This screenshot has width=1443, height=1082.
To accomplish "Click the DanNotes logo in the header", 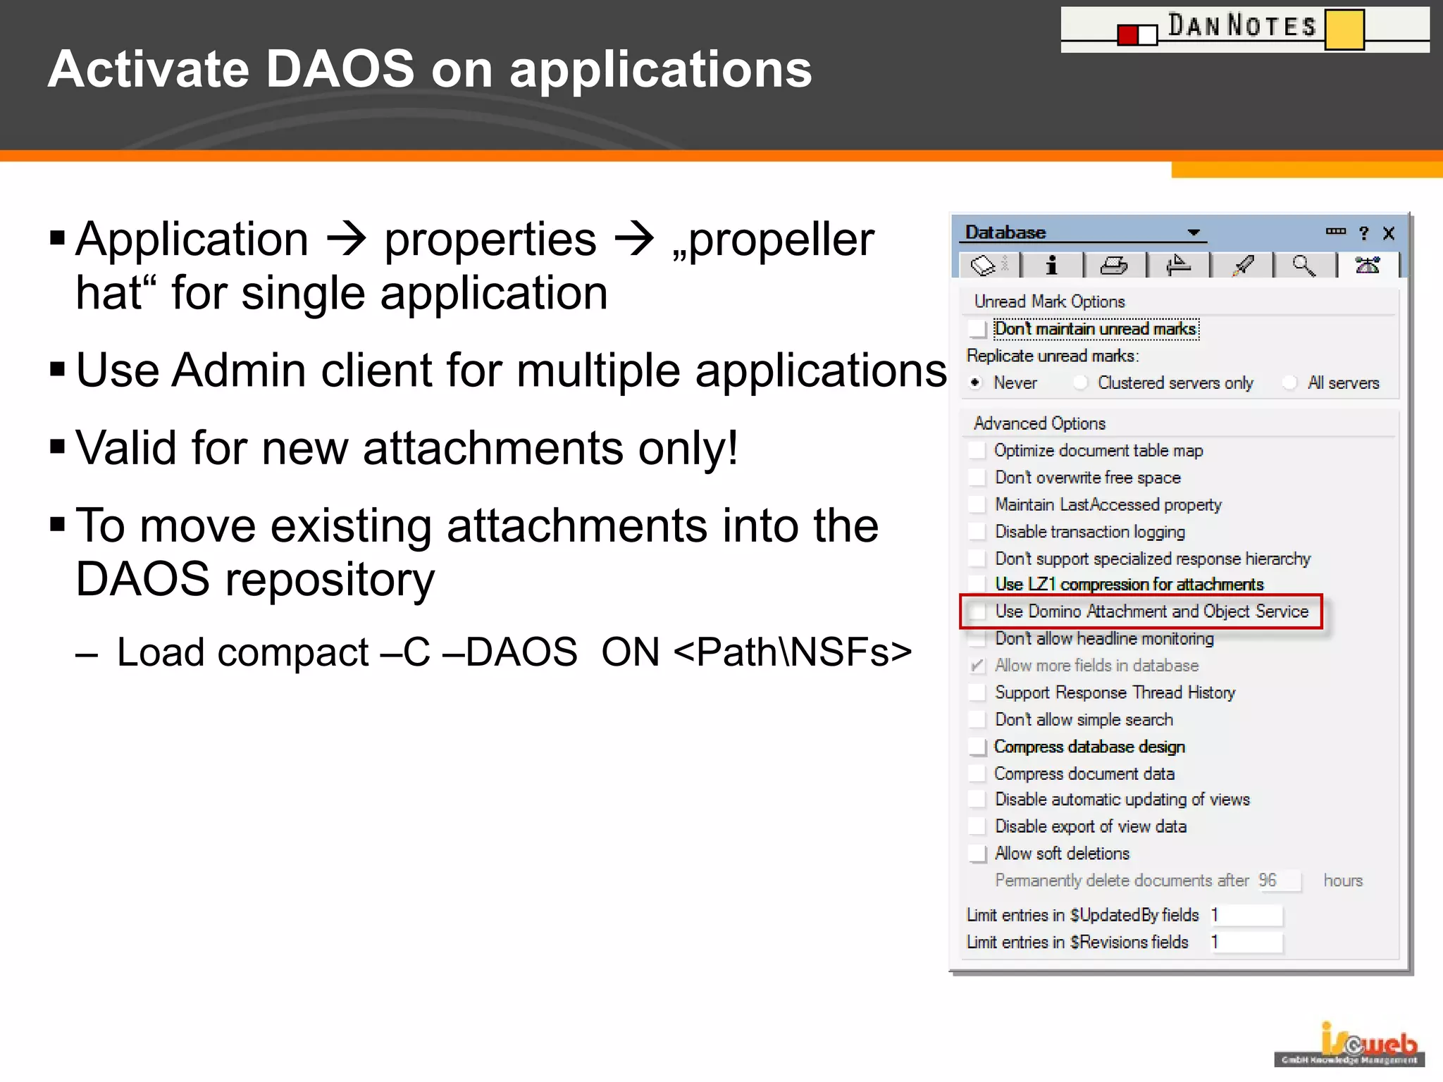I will [1244, 29].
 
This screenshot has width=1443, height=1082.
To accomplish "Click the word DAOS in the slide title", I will [340, 69].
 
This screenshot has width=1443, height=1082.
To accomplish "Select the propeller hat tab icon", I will [1368, 266].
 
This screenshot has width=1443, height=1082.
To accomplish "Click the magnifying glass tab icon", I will [1303, 266].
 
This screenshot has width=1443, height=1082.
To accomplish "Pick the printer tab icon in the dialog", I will [1114, 266].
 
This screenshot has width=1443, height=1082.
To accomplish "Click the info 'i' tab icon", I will [1051, 266].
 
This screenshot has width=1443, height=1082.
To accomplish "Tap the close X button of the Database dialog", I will [1389, 233].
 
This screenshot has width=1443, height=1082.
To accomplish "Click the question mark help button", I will [1363, 233].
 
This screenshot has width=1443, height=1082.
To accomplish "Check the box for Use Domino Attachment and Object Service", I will [978, 611].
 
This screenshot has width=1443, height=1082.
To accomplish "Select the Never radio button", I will [976, 383].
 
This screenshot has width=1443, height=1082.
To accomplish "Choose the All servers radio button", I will [1289, 383].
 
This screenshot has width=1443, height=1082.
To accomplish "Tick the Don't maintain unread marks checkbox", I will [977, 329].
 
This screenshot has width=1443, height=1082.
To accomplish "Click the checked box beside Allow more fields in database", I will [977, 666].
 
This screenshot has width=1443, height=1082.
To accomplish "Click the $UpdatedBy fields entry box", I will [1246, 915].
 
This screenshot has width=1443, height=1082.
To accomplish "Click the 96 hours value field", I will [1279, 881].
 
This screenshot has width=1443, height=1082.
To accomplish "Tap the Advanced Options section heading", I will [1039, 423].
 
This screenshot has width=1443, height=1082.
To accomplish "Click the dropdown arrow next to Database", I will [1193, 232].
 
